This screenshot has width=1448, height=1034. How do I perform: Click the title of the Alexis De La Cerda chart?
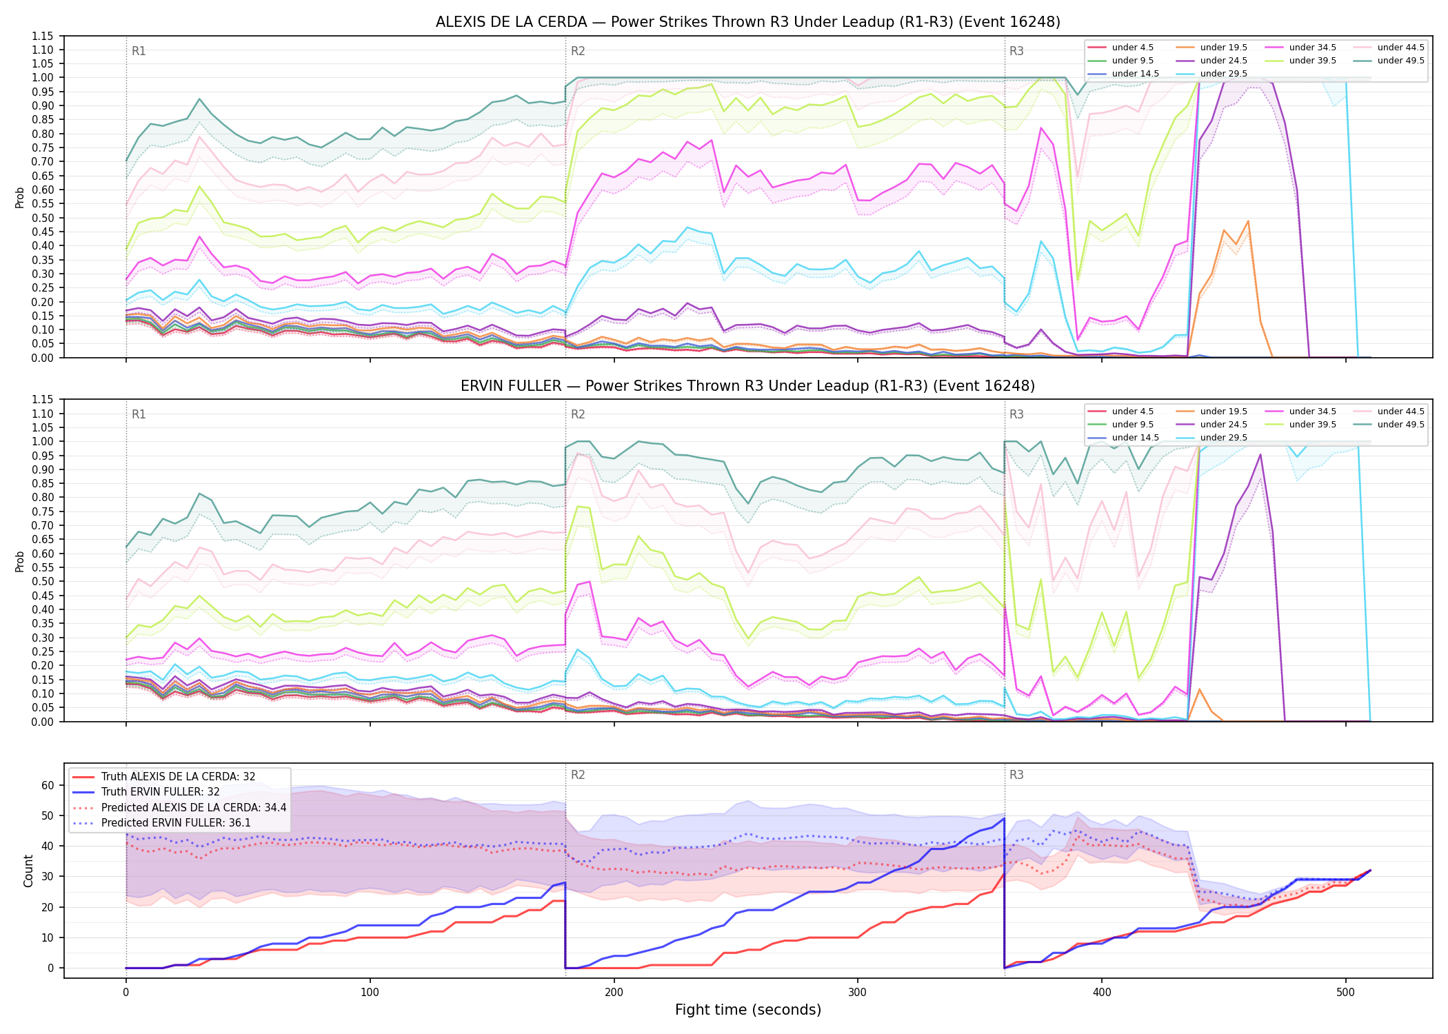(748, 22)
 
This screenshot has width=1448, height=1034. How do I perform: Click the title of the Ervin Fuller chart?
(748, 386)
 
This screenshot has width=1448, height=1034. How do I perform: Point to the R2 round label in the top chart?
(578, 51)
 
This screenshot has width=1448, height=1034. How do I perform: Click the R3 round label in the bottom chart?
(1016, 775)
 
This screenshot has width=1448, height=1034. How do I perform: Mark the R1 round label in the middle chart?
(139, 414)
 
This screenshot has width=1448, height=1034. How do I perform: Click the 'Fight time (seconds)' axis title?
(748, 1010)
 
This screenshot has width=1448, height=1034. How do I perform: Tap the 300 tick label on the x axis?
(858, 993)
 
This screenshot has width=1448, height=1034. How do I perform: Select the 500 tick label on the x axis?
(1345, 993)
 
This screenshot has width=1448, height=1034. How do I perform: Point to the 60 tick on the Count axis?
(47, 785)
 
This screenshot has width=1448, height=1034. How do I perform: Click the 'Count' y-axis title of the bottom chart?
(28, 871)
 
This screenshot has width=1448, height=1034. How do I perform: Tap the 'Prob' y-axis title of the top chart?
(20, 197)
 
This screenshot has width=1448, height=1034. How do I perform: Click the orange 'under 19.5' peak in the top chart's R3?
(1248, 221)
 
